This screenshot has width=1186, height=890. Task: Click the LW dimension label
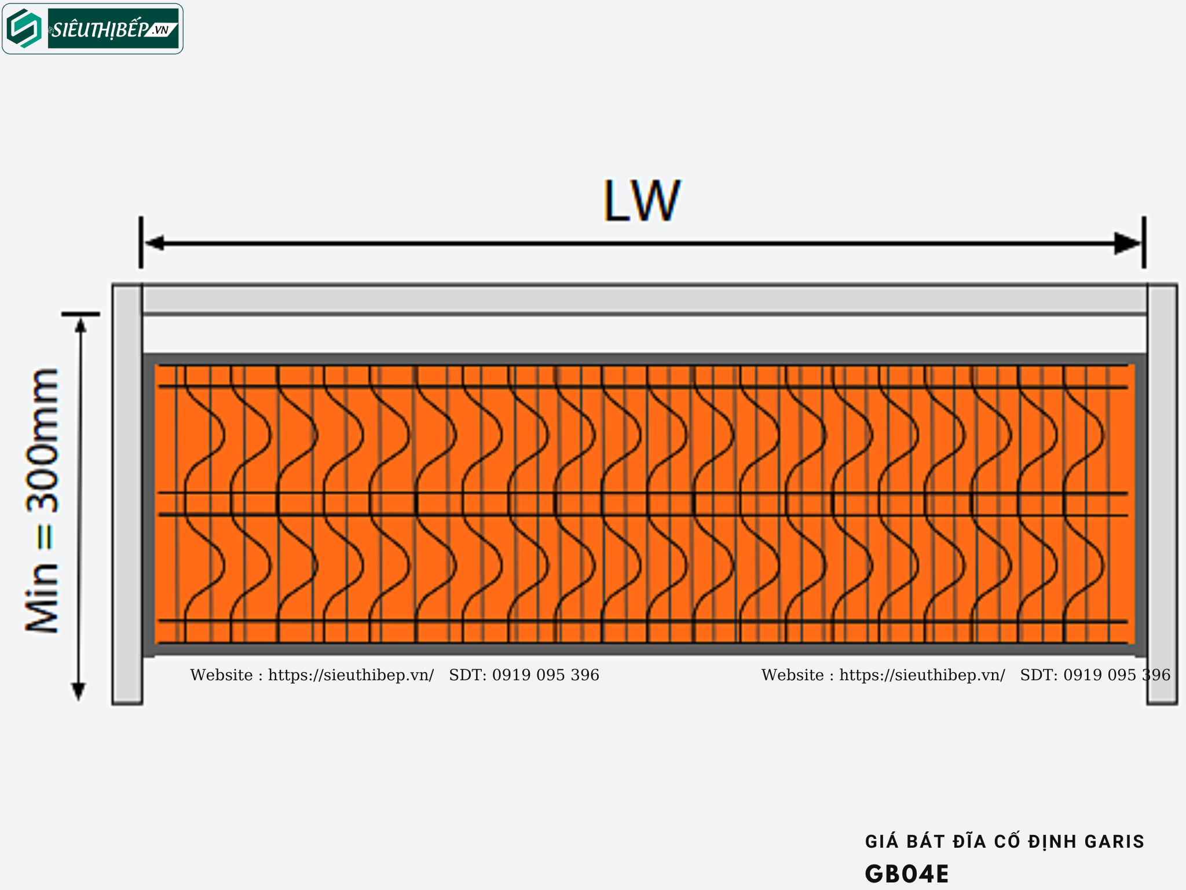pyautogui.click(x=642, y=200)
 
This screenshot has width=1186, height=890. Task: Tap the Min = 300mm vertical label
pyautogui.click(x=42, y=500)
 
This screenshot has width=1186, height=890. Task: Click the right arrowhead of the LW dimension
pyautogui.click(x=1128, y=243)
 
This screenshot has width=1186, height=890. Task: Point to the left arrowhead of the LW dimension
pyautogui.click(x=154, y=243)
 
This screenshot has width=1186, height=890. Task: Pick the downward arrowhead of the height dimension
pyautogui.click(x=78, y=691)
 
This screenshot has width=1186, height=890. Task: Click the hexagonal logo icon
pyautogui.click(x=24, y=28)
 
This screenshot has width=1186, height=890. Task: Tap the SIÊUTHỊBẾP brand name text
pyautogui.click(x=98, y=29)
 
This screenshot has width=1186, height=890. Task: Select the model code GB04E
pyautogui.click(x=907, y=874)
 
